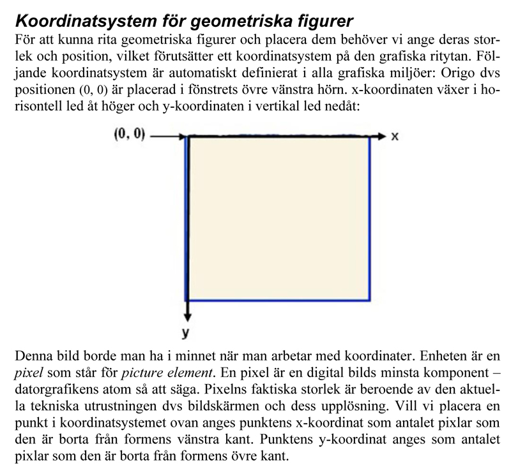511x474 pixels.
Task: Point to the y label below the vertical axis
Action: tap(187, 332)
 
